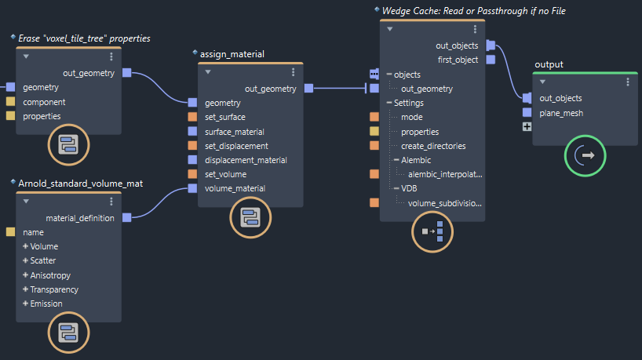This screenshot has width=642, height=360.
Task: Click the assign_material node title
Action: pos(232,54)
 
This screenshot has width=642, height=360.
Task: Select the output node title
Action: pos(549,64)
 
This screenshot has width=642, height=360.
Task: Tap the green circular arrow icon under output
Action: pos(585,156)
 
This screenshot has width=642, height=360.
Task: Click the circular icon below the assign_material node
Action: pos(250,218)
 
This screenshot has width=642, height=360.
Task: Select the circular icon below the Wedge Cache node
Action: pos(432,232)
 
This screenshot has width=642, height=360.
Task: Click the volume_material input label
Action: pos(235,188)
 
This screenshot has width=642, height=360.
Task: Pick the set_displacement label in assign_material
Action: pos(236,146)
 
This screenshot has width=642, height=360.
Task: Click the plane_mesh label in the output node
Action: pos(561,112)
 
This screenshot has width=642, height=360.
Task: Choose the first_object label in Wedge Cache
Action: pos(458,60)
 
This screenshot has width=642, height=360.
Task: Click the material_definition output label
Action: pos(79,218)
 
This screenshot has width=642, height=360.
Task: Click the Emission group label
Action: pos(46,304)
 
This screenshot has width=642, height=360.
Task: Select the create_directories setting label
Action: pos(433,146)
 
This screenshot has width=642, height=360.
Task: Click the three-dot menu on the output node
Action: pos(628,82)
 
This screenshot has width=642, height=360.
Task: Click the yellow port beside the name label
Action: pos(11,232)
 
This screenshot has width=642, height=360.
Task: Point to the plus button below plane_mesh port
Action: pos(527,126)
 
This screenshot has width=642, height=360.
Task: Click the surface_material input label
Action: pos(235,132)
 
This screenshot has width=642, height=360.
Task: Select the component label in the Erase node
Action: pos(44,102)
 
